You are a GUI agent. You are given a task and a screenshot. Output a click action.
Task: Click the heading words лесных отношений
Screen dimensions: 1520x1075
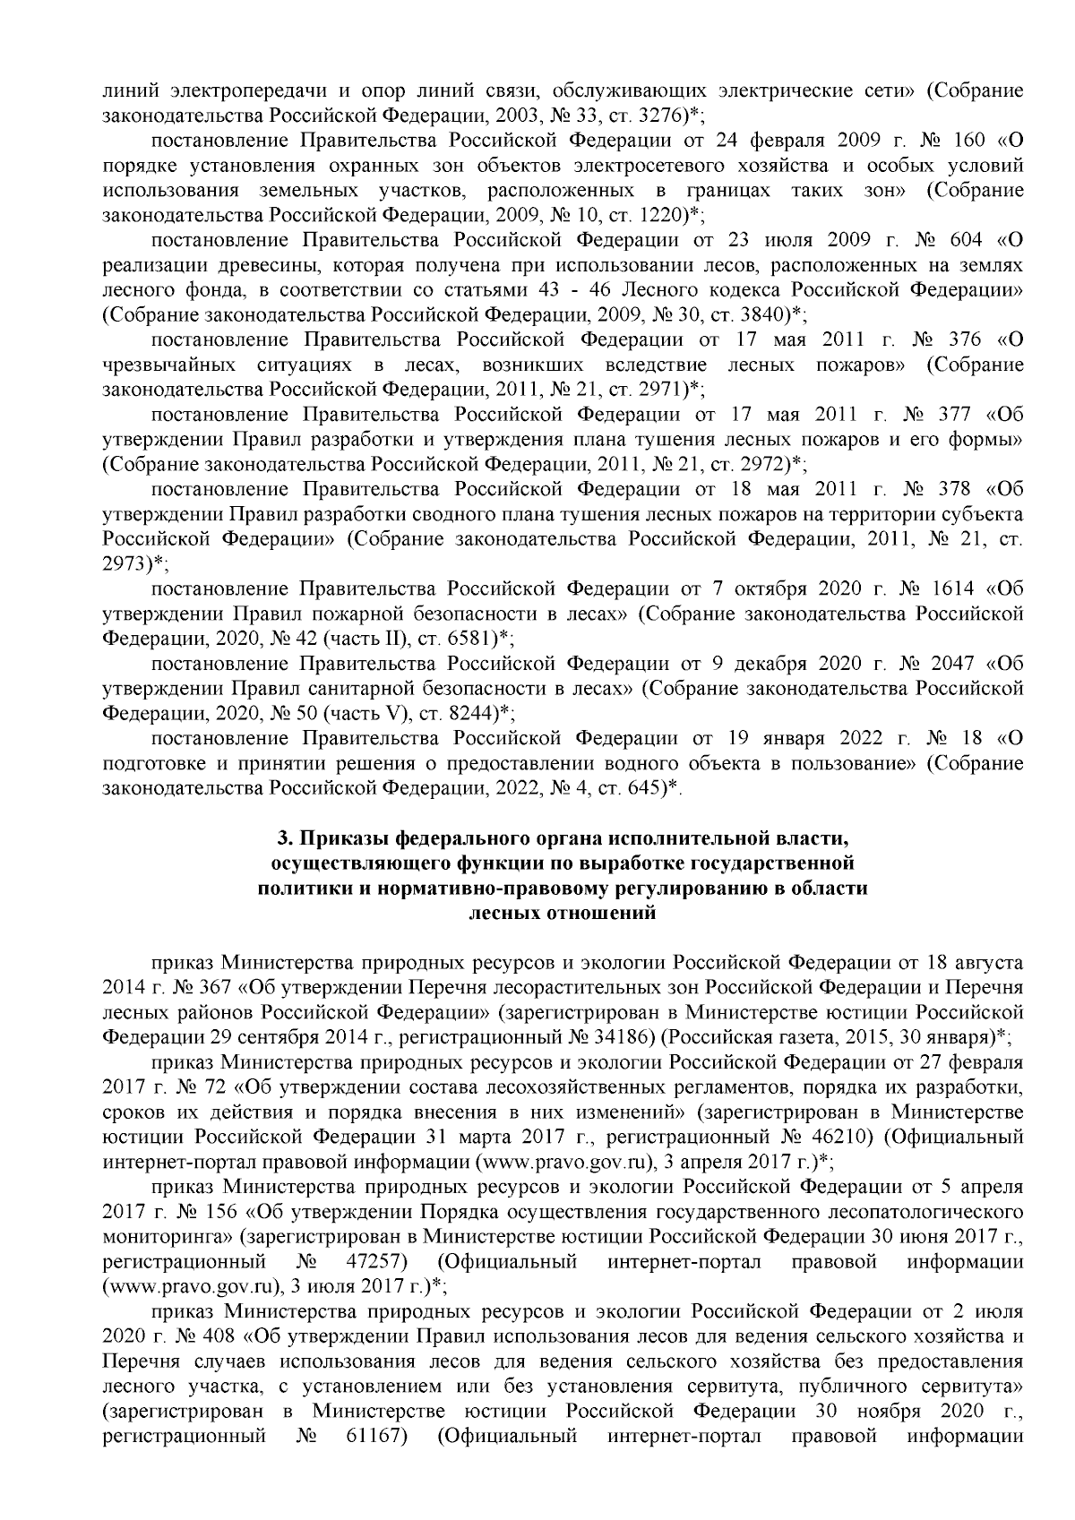click(563, 914)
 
